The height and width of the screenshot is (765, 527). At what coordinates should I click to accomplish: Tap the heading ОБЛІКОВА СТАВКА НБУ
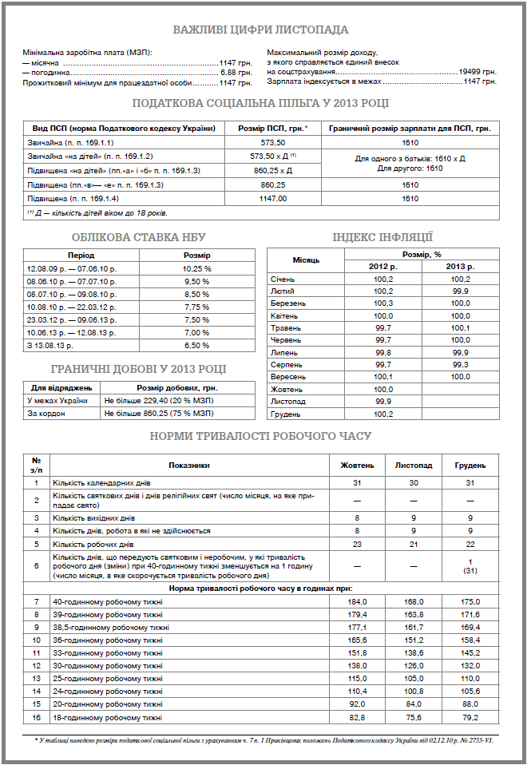[138, 236]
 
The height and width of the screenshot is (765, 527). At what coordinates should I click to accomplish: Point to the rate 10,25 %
[196, 269]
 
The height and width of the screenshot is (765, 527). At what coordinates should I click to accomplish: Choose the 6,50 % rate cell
[196, 346]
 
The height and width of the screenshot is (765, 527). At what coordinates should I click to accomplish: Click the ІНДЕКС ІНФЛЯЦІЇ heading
[382, 236]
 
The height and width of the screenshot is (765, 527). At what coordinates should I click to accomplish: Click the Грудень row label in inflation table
[287, 414]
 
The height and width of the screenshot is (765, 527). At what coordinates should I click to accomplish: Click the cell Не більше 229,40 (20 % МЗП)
[149, 400]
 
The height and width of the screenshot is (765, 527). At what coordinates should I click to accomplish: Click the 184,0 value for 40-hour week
[357, 601]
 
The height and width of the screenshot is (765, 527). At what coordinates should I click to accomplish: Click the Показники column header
[189, 465]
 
